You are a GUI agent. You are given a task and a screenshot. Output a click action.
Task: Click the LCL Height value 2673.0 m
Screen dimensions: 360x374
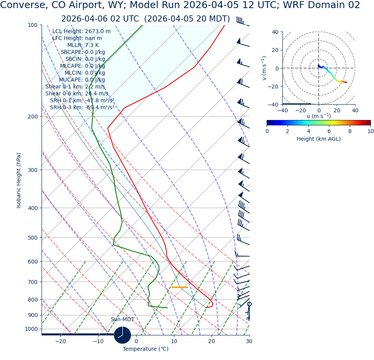click(x=97, y=32)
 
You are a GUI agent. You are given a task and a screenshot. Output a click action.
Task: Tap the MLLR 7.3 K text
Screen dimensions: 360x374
click(x=83, y=45)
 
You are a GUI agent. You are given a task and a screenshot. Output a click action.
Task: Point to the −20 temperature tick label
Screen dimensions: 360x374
click(x=60, y=342)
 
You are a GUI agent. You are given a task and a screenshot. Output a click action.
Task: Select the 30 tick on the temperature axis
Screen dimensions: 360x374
click(x=249, y=342)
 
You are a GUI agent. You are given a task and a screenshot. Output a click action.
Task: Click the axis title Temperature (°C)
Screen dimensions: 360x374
click(x=145, y=349)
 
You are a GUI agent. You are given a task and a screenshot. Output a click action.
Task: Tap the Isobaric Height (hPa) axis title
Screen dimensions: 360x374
click(x=19, y=180)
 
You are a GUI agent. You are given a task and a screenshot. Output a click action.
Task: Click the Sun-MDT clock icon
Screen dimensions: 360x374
click(x=122, y=335)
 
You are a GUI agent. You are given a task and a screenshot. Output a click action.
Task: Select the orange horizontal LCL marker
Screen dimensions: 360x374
click(x=179, y=287)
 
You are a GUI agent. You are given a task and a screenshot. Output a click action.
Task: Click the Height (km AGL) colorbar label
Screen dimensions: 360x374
click(x=319, y=139)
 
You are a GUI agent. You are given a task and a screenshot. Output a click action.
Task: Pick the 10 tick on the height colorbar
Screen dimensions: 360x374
click(x=370, y=131)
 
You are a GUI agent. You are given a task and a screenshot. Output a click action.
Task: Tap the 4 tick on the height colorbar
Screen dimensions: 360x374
click(x=308, y=131)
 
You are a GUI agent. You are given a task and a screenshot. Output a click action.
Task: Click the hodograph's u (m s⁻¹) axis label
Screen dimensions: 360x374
click(x=319, y=116)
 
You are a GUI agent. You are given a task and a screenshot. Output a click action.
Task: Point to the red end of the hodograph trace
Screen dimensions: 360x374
click(x=346, y=82)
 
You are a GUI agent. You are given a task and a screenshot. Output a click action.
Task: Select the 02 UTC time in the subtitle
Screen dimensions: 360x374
click(x=115, y=19)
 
